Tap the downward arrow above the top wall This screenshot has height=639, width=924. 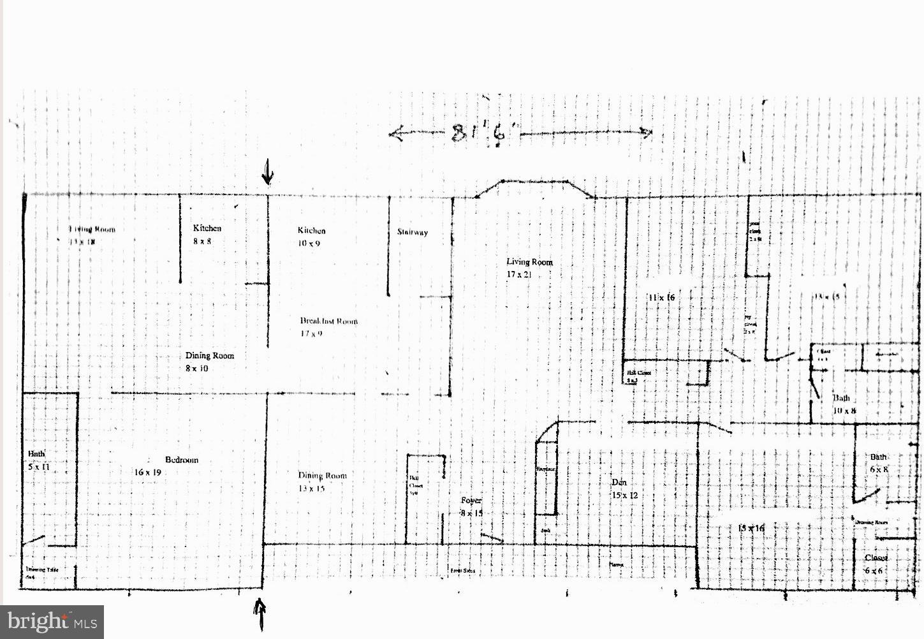[268, 171]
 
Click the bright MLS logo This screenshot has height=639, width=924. [52, 622]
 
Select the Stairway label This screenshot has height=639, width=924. [412, 232]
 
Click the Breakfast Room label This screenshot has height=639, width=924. [329, 321]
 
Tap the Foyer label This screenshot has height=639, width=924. [471, 501]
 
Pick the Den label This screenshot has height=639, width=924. [619, 482]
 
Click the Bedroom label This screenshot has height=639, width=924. [182, 460]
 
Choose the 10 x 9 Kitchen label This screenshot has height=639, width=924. [311, 237]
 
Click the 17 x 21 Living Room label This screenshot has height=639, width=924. [529, 268]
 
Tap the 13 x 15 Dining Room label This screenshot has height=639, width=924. [322, 481]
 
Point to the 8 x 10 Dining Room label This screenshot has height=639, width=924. [209, 362]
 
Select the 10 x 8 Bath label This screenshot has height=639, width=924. [843, 404]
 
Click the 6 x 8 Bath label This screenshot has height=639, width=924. [879, 463]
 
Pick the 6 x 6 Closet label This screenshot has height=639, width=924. [876, 564]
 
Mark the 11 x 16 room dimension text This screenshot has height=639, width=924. [661, 297]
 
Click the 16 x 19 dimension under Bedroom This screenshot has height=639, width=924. [147, 473]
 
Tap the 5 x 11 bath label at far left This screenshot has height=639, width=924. [38, 460]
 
